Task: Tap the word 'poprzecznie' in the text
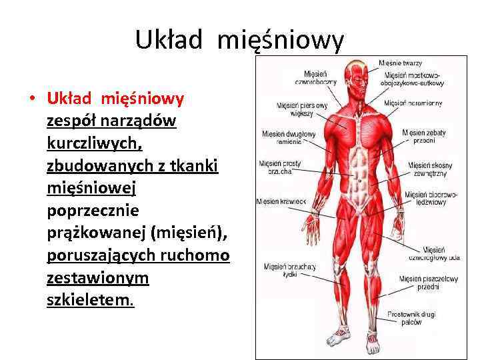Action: point(93,210)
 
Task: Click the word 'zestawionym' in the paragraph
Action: point(98,277)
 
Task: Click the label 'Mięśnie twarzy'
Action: point(400,63)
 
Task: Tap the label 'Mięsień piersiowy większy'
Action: point(303,109)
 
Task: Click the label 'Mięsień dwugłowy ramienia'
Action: point(289,137)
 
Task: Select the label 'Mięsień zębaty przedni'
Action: point(424,137)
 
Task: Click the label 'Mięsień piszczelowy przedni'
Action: point(419,283)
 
